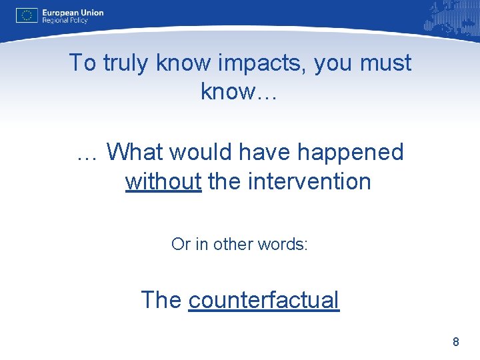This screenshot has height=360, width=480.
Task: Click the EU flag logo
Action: click(27, 15)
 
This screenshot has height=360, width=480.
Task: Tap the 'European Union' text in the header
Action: click(73, 12)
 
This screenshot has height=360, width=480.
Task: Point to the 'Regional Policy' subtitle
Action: click(66, 21)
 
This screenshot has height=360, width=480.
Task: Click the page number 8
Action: click(456, 342)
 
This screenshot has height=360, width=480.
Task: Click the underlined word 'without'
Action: click(163, 181)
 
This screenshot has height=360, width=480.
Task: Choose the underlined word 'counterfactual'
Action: click(264, 300)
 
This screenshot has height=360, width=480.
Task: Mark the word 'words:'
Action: click(283, 244)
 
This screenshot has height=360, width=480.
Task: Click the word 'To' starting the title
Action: click(83, 63)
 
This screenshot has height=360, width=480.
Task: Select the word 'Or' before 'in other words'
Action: click(180, 244)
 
